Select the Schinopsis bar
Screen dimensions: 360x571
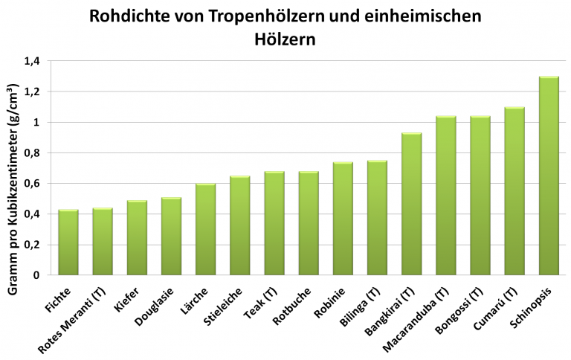pos(549,176)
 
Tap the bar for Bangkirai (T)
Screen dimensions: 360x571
pos(411,204)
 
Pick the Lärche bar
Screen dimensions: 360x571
pos(205,229)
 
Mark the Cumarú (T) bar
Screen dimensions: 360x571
pos(514,191)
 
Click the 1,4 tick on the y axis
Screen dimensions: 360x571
pos(31,61)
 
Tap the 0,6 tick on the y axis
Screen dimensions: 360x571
pos(31,184)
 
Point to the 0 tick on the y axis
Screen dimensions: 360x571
pos(36,275)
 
